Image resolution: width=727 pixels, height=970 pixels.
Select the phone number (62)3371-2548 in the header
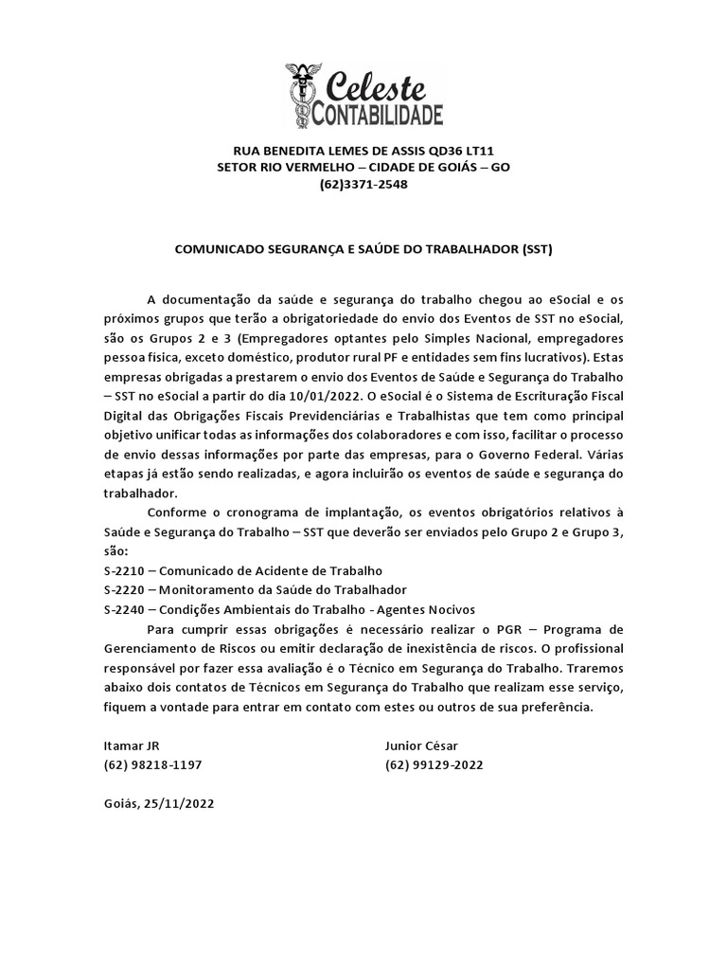[363, 184]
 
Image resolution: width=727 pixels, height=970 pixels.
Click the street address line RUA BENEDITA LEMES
[363, 151]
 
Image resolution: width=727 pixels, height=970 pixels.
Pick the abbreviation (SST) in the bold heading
[536, 250]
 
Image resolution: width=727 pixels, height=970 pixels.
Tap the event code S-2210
[122, 571]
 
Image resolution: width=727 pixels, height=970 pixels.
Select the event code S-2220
[122, 590]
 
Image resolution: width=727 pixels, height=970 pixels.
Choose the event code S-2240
[122, 609]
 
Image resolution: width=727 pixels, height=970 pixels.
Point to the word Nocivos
[449, 609]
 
